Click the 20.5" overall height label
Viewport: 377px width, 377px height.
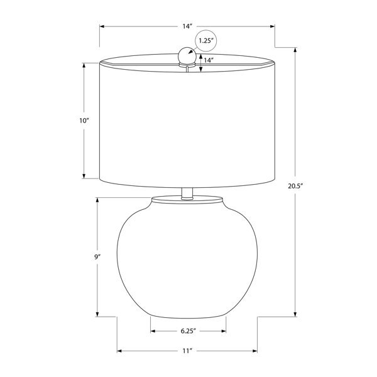click(x=295, y=186)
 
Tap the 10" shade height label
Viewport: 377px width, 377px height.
click(x=84, y=121)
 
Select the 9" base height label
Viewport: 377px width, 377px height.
click(x=97, y=257)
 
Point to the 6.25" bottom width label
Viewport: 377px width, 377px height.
click(x=188, y=331)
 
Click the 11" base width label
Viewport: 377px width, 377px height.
click(x=187, y=351)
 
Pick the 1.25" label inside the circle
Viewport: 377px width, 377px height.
click(x=206, y=40)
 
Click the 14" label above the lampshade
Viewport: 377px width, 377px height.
click(x=187, y=26)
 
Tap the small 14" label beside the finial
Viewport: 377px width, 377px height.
click(x=209, y=60)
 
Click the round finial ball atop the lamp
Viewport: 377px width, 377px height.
click(x=187, y=56)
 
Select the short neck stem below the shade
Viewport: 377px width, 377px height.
click(x=187, y=193)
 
